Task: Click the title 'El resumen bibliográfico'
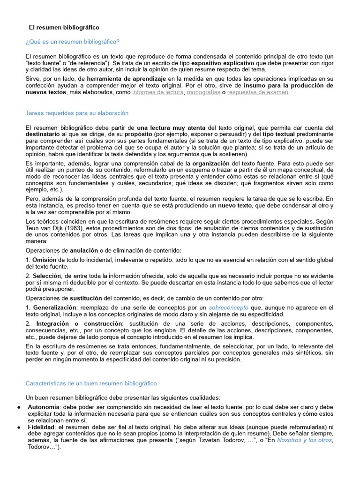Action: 64,28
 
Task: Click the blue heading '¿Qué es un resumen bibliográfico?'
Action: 73,42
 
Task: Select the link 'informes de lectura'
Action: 158,92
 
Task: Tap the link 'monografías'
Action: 203,92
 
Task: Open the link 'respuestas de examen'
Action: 258,92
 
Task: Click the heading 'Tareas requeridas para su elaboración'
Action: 77,113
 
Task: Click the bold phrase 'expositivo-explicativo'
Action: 223,62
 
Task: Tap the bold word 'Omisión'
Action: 45,260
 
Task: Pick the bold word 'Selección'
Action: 47,276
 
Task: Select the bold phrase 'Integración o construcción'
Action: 79,324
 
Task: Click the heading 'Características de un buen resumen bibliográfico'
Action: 91,383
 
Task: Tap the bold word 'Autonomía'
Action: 44,407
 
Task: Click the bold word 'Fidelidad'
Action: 41,427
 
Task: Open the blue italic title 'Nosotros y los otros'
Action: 305,440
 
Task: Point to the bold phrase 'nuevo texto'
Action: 234,205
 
